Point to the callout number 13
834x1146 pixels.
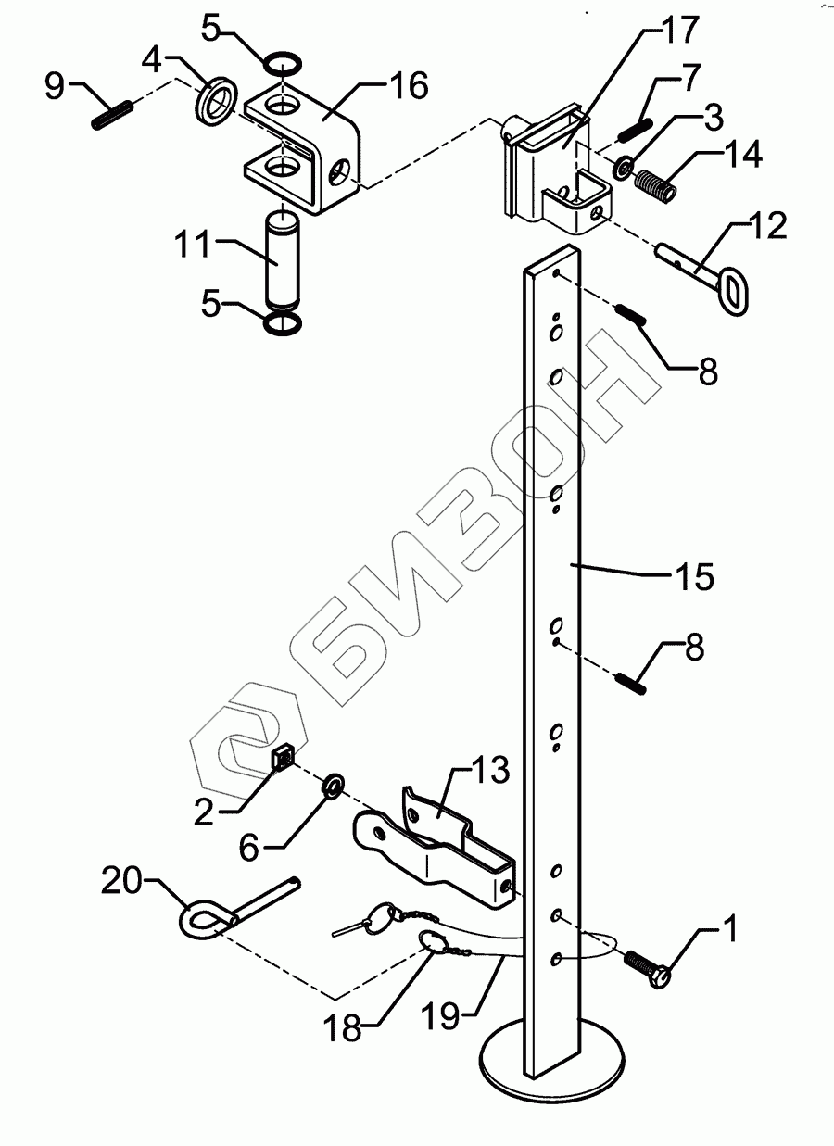coord(489,770)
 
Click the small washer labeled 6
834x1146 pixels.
coord(333,787)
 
